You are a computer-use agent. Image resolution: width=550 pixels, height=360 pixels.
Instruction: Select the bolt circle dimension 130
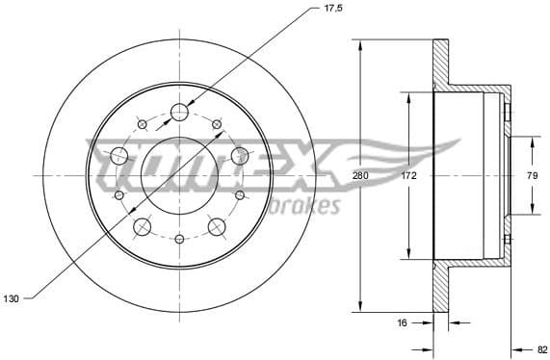coord(12,298)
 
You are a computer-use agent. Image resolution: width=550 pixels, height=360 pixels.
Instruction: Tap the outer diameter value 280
coord(360,176)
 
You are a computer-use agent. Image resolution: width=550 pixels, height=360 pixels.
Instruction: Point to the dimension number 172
coord(408,176)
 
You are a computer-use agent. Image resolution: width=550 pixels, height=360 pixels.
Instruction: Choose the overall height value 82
coord(541,349)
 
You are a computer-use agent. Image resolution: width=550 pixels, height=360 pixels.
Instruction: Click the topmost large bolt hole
coord(179,114)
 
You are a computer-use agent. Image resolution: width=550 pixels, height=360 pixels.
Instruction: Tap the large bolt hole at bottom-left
coord(143,227)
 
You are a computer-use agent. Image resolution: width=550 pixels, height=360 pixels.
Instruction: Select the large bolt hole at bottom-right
coord(216,227)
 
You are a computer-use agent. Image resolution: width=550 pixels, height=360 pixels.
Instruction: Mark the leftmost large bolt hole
coord(119,156)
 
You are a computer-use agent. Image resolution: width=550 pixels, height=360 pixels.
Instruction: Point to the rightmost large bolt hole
coord(239,156)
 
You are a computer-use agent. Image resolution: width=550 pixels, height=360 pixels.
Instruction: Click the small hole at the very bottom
coord(179,238)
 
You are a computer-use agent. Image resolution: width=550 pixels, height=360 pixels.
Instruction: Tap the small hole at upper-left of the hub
coord(142,123)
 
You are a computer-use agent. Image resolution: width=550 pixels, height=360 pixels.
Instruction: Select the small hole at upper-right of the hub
coord(217,123)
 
